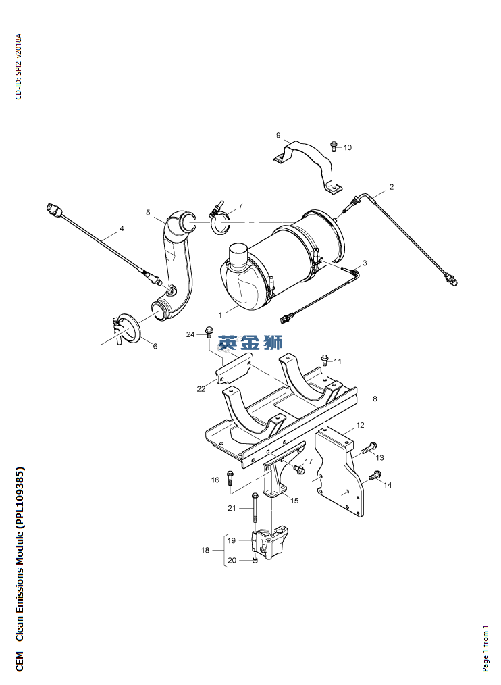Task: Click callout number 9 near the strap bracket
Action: point(278,135)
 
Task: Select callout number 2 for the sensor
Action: point(392,187)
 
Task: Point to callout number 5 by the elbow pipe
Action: point(148,212)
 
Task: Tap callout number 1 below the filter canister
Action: point(221,315)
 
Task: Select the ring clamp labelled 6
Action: point(127,330)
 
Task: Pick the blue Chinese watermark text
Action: point(250,342)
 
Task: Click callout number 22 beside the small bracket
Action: point(201,389)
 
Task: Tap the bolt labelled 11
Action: point(325,360)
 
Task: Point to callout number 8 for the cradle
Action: point(375,399)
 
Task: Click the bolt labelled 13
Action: point(369,447)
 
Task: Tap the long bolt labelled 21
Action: point(255,507)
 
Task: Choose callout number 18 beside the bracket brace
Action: point(205,550)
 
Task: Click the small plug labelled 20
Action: point(255,560)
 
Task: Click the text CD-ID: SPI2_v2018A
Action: point(18,66)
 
